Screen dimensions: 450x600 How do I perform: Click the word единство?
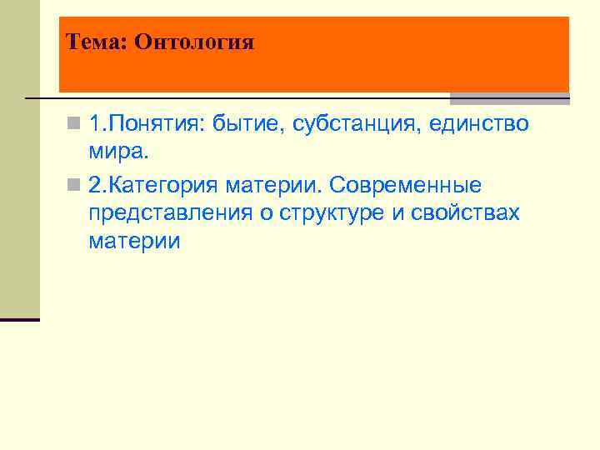[479, 124]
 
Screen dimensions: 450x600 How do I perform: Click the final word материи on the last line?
[133, 242]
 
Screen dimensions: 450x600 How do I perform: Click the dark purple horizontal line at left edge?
[19, 320]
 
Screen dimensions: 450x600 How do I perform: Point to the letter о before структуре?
[266, 213]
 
